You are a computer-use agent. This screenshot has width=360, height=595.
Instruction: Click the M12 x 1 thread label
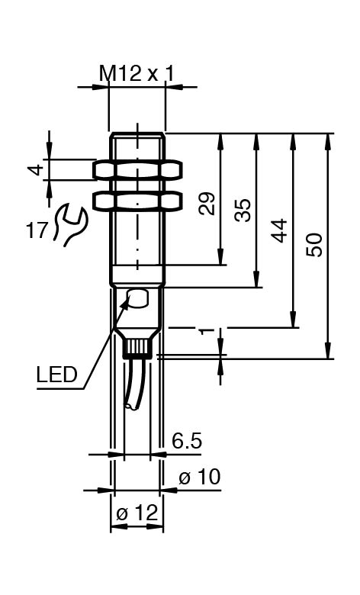[137, 73]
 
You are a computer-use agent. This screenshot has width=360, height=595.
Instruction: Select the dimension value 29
[207, 204]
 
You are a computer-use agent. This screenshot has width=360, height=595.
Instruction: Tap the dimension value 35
[243, 210]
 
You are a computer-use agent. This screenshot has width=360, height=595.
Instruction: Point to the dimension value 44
[279, 230]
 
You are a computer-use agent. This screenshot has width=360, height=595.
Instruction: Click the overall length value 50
[314, 245]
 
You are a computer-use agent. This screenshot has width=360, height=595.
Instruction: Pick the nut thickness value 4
[37, 169]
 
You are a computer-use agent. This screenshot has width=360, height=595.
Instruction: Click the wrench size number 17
[37, 230]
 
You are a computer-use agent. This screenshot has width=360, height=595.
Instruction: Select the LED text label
[57, 375]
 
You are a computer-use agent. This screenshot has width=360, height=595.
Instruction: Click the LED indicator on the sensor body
[138, 297]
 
